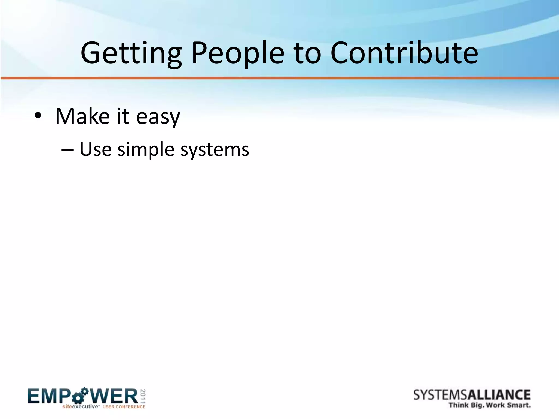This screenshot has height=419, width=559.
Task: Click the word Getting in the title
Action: [x=131, y=53]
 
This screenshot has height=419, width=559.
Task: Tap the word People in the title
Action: [x=237, y=53]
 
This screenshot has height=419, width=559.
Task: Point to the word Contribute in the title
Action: [x=404, y=53]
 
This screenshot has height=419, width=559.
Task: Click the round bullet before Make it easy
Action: [x=38, y=117]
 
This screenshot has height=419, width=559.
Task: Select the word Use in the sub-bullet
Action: [x=96, y=149]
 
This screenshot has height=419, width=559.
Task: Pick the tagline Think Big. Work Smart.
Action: [x=490, y=405]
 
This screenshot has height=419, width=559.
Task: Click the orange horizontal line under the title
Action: [x=279, y=78]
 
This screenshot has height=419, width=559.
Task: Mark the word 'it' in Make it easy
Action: [x=123, y=116]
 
